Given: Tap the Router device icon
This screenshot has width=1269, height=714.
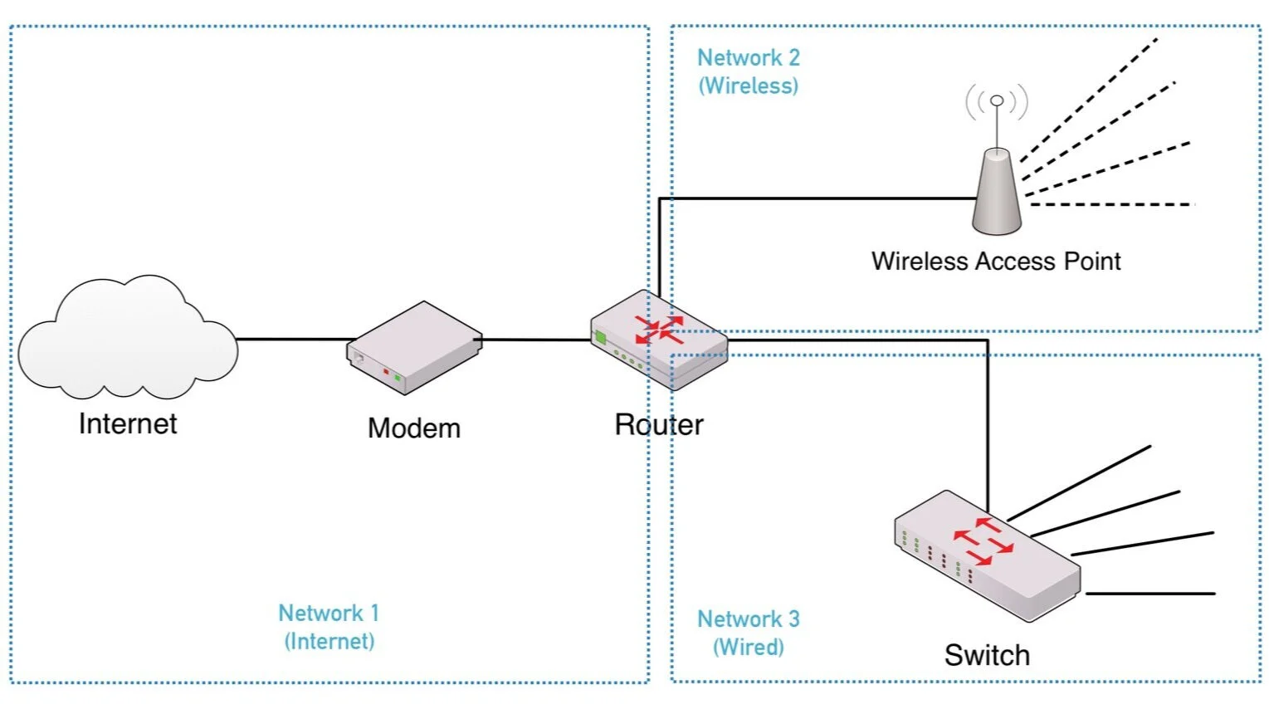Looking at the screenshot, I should pos(659,340).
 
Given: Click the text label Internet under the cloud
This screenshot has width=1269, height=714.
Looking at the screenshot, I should pos(128,424).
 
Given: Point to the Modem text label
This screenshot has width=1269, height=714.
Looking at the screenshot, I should pos(414,428).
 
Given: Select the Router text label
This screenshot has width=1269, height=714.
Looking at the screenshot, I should pos(659,425).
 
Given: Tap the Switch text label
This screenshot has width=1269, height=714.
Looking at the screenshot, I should pos(987,655).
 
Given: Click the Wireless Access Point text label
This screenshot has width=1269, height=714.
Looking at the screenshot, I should pos(996,262).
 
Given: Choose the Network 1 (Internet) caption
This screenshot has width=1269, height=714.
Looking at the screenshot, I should pos(329,627).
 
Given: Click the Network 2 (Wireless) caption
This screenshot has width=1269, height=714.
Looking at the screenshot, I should pos(749,71).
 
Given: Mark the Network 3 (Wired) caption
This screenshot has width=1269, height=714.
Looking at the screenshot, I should pos(749,633).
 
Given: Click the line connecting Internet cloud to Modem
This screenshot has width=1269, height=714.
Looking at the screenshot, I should pos(295,339).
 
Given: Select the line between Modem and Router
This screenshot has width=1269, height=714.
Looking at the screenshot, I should pos(536,340).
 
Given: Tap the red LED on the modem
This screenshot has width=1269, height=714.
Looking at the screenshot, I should pos(386,372).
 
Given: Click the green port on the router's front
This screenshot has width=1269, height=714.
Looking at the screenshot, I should pos(599,337).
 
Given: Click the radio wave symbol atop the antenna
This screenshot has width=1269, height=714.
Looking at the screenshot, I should pos(997,101).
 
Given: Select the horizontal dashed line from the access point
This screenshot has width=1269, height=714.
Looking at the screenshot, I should pos(1112,204).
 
